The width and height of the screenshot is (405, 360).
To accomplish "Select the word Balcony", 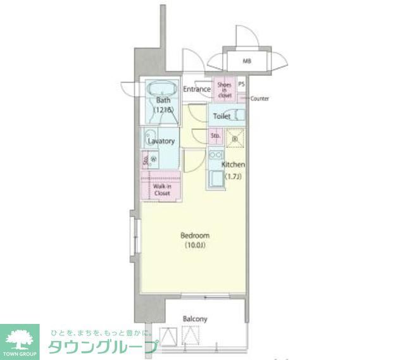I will pos(195,319).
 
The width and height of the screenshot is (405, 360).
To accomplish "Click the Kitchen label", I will pos(233,164).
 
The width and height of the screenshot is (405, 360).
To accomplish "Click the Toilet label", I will pos(221,116).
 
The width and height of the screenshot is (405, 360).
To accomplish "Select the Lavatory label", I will pos(161,142).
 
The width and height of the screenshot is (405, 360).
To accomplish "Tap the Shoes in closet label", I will pos(225,89).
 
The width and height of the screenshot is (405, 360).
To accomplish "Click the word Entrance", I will pos(197,89).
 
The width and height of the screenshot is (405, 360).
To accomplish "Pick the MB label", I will pos(247,62).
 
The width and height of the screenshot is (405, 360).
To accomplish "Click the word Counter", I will pos(259,99).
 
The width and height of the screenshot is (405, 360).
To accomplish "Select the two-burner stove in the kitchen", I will pos(215,155).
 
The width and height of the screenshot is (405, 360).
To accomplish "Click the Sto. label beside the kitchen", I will pos(215,135).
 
